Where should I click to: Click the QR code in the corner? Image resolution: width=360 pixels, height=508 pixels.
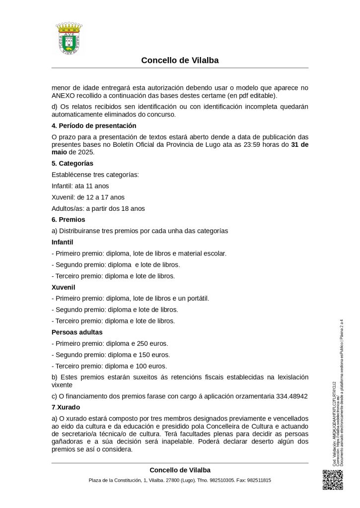[x=333, y=479]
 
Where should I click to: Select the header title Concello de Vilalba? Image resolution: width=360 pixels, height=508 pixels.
[x=180, y=61]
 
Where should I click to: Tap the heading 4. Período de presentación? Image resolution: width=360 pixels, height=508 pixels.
[x=94, y=126]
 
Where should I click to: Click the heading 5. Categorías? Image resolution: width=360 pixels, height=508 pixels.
[x=72, y=163]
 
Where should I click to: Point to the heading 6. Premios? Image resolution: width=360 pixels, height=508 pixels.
[x=69, y=219]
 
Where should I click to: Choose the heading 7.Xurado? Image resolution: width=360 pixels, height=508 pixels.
[x=66, y=407]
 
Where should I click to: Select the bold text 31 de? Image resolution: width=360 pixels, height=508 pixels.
[x=299, y=144]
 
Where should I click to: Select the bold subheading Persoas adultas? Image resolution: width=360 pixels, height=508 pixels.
[x=77, y=332]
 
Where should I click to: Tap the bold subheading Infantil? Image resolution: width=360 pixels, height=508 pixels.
[x=63, y=242]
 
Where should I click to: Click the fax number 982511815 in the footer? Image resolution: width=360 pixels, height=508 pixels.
[x=256, y=480]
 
